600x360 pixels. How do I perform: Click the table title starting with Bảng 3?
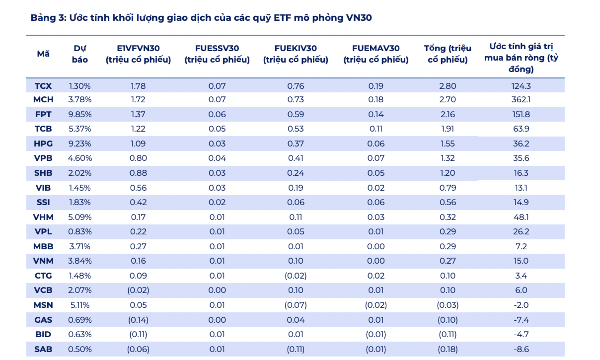click(201, 18)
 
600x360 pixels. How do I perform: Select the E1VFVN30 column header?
click(138, 54)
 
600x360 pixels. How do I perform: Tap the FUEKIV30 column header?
click(295, 54)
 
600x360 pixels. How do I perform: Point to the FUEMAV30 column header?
click(376, 54)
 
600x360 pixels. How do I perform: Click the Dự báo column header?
click(80, 54)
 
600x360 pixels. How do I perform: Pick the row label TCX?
click(43, 86)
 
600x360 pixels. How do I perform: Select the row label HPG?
click(43, 144)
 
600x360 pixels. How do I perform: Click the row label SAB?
click(43, 349)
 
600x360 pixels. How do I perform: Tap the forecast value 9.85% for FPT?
click(80, 114)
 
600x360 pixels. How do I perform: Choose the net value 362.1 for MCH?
click(521, 99)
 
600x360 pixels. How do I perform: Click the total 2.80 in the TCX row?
click(447, 86)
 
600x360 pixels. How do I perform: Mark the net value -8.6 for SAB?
click(521, 349)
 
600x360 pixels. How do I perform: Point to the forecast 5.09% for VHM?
click(80, 217)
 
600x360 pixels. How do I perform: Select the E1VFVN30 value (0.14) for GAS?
click(138, 320)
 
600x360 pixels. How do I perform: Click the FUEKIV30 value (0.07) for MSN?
click(295, 305)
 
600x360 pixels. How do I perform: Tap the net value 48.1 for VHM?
click(521, 217)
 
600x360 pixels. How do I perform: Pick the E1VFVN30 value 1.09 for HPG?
click(138, 144)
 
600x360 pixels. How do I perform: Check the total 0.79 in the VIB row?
click(447, 188)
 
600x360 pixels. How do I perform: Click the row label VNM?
click(43, 261)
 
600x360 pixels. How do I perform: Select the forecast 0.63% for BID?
click(80, 334)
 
